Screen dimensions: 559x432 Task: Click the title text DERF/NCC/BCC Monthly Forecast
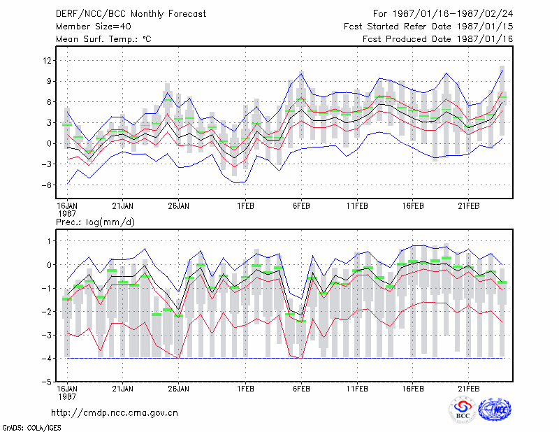(131, 14)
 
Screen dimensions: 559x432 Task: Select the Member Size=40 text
(94, 27)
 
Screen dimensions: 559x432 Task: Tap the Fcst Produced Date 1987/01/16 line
(437, 39)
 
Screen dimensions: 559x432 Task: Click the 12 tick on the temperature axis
(47, 61)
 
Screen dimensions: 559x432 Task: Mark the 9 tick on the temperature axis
(49, 81)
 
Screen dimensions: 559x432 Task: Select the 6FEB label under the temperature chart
(301, 206)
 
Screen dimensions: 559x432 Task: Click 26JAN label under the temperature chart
(179, 206)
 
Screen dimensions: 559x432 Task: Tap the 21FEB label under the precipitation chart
(468, 389)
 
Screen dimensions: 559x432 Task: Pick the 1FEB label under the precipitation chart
(246, 389)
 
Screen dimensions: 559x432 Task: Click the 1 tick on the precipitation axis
(50, 241)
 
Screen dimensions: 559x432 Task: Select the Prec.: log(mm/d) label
(95, 222)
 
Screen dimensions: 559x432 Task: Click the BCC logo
(463, 410)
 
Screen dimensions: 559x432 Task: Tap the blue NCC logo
(495, 410)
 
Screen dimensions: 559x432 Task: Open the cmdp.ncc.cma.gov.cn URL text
(115, 413)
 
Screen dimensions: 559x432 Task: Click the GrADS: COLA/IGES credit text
(31, 428)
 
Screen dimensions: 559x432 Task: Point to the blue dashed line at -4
(284, 358)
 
